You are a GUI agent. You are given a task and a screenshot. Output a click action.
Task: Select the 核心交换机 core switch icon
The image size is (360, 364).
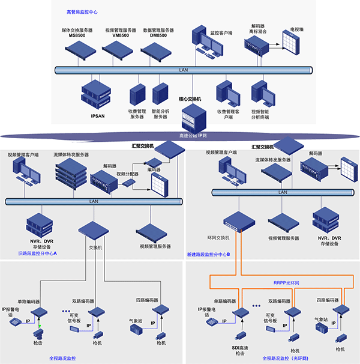point(191,115)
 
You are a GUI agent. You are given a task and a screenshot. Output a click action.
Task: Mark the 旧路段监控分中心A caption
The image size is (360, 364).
point(38,255)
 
